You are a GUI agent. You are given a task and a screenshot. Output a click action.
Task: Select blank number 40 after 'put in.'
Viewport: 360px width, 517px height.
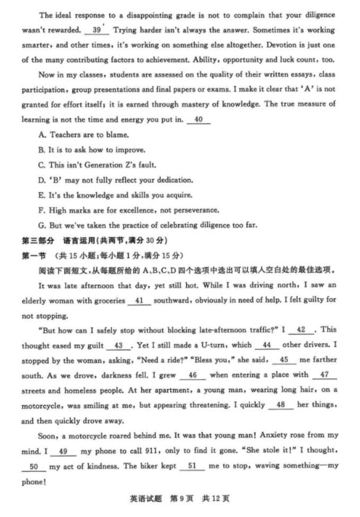(x=198, y=120)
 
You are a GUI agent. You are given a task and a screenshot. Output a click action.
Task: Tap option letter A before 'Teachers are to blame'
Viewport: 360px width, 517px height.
(x=42, y=135)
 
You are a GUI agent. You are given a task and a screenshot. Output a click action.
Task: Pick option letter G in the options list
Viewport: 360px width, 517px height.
(x=42, y=225)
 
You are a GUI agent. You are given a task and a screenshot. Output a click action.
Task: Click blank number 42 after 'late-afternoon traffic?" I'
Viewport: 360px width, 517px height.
(x=302, y=330)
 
